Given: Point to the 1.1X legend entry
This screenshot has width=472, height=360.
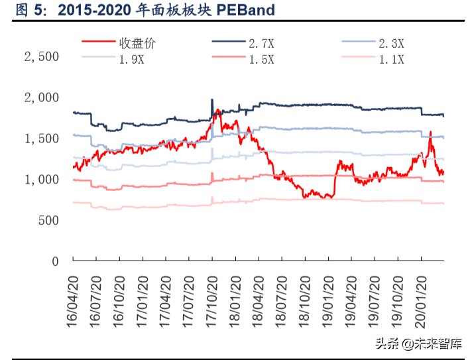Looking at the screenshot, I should (391, 60).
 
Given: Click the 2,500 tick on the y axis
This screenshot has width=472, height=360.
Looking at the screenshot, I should (42, 57).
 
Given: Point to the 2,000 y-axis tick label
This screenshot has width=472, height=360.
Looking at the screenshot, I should (42, 97).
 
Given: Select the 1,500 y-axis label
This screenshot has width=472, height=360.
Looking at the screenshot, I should (42, 139).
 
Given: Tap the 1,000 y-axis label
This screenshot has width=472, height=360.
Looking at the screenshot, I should (42, 180).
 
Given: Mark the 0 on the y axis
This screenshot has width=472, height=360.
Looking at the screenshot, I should (55, 261).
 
